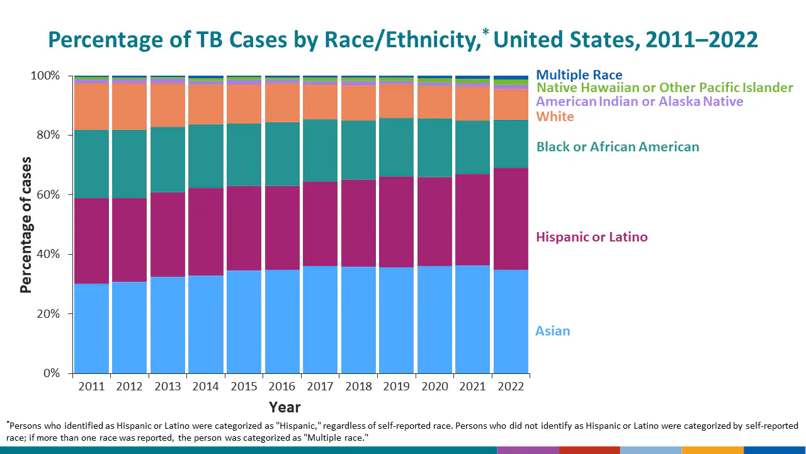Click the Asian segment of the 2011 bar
point(91,328)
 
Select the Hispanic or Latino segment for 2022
point(511,219)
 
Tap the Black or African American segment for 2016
point(282,154)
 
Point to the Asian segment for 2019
point(396,320)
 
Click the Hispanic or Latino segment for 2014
point(206,231)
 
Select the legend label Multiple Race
point(579,75)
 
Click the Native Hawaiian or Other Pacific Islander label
point(664,88)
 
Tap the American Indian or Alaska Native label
point(639,102)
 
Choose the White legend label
point(555,117)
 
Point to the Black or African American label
point(617,147)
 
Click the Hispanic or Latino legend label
point(591,237)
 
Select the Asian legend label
point(552,331)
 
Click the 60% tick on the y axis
point(45,195)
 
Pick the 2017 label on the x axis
point(320,386)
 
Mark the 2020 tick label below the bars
point(434,386)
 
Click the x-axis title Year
point(285,407)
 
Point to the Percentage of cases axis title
point(26,224)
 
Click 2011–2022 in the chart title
point(699,40)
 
